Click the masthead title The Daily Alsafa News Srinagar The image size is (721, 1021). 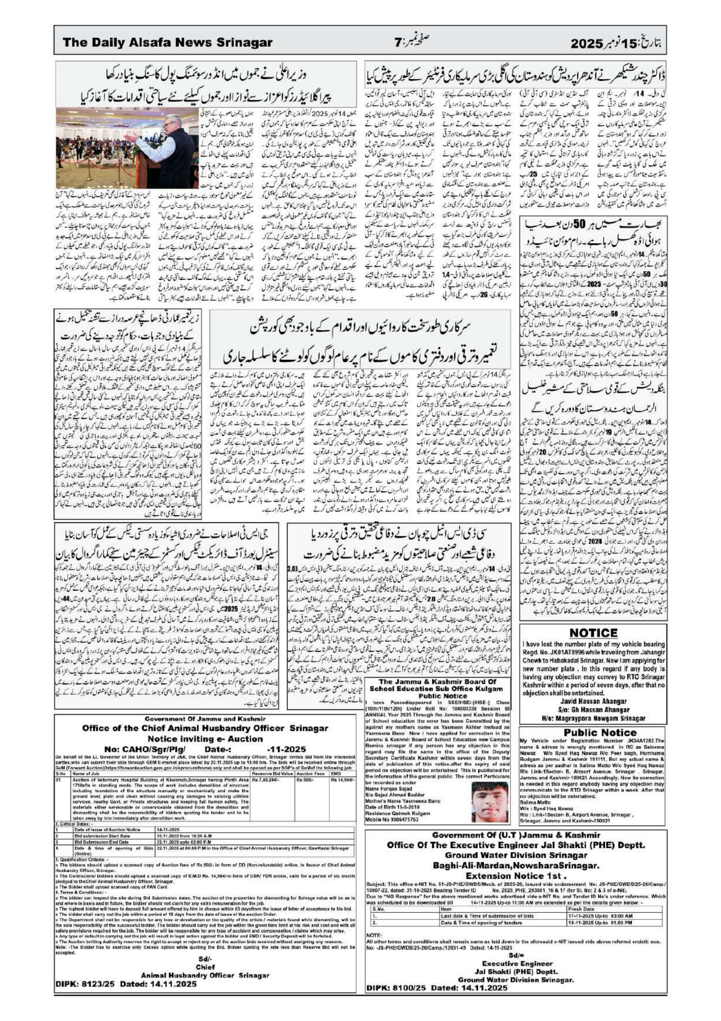click(167, 43)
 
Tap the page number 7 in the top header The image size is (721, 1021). click(397, 43)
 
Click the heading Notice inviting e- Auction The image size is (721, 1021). click(205, 738)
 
